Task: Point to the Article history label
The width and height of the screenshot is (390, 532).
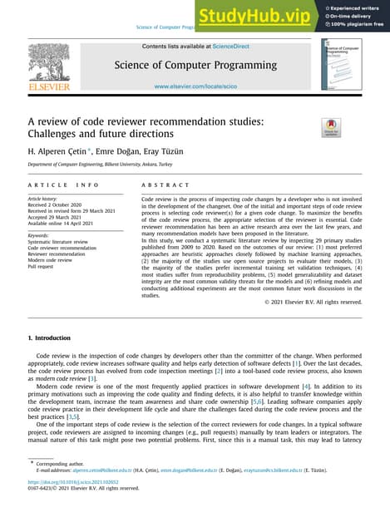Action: pos(47,199)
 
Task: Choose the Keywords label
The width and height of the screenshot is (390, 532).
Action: pos(40,235)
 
